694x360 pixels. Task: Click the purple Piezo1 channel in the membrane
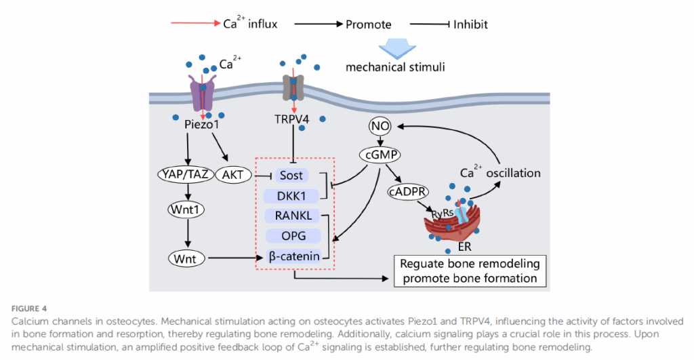(203, 94)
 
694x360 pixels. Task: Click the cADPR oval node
(403, 191)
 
